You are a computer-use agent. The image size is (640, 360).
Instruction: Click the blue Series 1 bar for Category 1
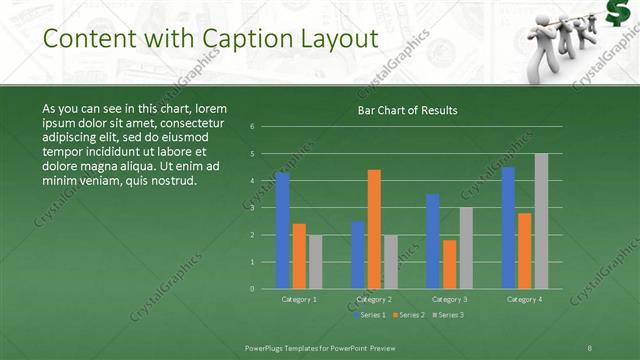click(x=283, y=231)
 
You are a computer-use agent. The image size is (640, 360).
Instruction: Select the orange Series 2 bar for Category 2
click(x=374, y=229)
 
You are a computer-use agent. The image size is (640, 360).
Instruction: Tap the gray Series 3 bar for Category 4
click(x=541, y=221)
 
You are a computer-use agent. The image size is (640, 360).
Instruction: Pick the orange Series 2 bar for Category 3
click(x=449, y=264)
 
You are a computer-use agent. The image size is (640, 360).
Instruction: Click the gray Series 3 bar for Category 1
click(x=316, y=262)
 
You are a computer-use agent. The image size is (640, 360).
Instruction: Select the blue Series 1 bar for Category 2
click(x=358, y=255)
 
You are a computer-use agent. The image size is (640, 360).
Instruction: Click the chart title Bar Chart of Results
click(x=408, y=111)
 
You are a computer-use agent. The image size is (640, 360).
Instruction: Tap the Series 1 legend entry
click(x=371, y=315)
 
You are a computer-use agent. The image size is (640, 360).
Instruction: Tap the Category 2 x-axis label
click(x=374, y=299)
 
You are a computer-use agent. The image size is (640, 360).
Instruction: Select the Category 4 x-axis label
click(x=524, y=299)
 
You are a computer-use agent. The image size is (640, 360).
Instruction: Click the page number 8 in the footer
click(x=590, y=347)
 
